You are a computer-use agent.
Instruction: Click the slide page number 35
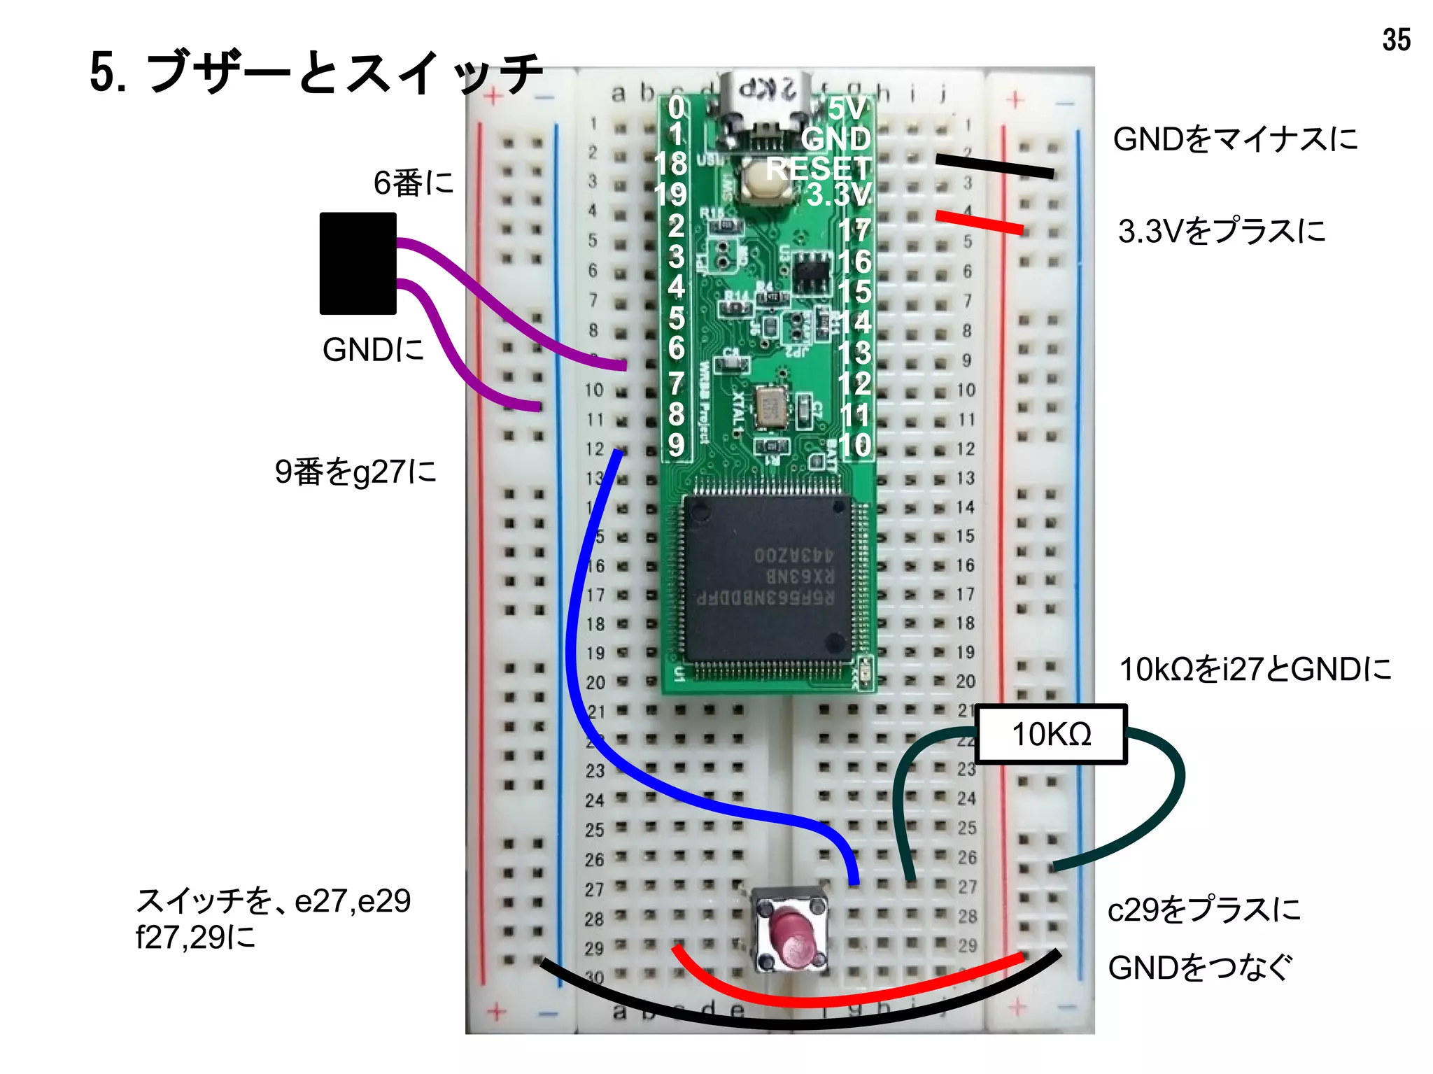pos(1396,40)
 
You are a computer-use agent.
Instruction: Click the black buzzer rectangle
pos(358,263)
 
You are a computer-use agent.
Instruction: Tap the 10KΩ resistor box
pos(1051,734)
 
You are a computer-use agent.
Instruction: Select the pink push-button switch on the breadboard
pos(790,930)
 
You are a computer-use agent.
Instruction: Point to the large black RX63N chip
pos(766,577)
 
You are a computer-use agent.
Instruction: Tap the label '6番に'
pos(414,183)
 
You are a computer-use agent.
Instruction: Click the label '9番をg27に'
pos(355,472)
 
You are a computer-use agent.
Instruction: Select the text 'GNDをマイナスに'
pos(1235,139)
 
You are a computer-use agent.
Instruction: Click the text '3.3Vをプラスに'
pos(1222,231)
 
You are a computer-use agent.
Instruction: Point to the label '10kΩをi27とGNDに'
pos(1255,670)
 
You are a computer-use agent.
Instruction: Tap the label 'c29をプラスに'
pos(1203,910)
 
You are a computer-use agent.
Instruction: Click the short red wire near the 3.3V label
pos(980,221)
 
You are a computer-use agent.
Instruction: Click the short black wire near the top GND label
pos(994,167)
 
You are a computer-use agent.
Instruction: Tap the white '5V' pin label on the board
pos(848,108)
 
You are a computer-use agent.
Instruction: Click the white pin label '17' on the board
pos(854,230)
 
